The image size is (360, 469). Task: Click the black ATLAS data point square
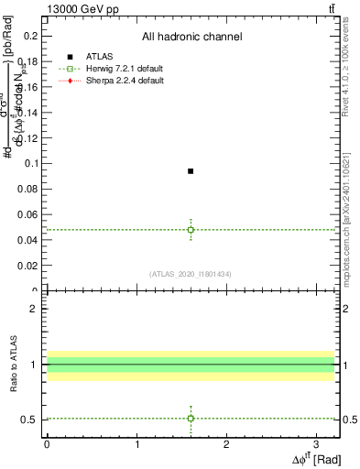click(x=191, y=171)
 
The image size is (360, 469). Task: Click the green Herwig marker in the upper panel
click(x=191, y=229)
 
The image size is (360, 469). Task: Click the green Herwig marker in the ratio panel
click(x=191, y=418)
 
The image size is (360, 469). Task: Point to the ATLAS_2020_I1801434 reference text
click(x=191, y=273)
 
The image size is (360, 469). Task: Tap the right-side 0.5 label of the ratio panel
click(x=349, y=420)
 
